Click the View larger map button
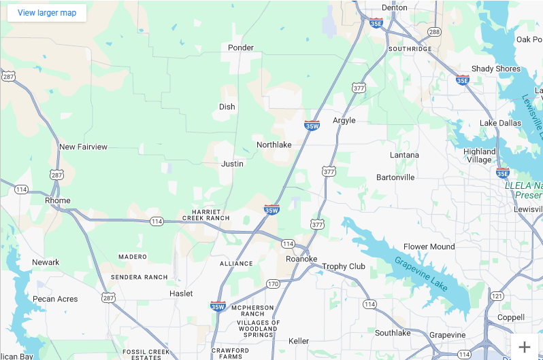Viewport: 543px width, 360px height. (x=47, y=13)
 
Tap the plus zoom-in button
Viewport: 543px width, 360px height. (x=524, y=346)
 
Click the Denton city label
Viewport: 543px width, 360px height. (x=395, y=7)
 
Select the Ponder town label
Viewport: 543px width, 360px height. (x=241, y=48)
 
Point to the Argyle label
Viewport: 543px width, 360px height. (x=344, y=120)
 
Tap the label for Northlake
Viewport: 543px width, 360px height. (x=274, y=145)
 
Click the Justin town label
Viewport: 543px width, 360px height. (x=232, y=164)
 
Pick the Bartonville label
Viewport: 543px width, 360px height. (x=395, y=177)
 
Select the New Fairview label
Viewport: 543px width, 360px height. (x=83, y=147)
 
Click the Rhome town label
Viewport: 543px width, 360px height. (x=57, y=200)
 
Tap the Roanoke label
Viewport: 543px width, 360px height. (x=301, y=259)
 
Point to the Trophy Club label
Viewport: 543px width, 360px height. (x=344, y=266)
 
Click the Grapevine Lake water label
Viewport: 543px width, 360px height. (x=421, y=274)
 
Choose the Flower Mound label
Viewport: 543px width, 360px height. (x=429, y=247)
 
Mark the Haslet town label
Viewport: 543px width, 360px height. (x=181, y=293)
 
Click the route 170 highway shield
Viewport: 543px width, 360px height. (x=273, y=283)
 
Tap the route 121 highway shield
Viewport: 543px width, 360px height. (x=497, y=295)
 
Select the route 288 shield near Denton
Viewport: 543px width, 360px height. (x=434, y=32)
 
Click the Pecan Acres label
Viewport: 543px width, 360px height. (x=55, y=299)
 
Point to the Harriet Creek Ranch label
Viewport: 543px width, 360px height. (x=206, y=215)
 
